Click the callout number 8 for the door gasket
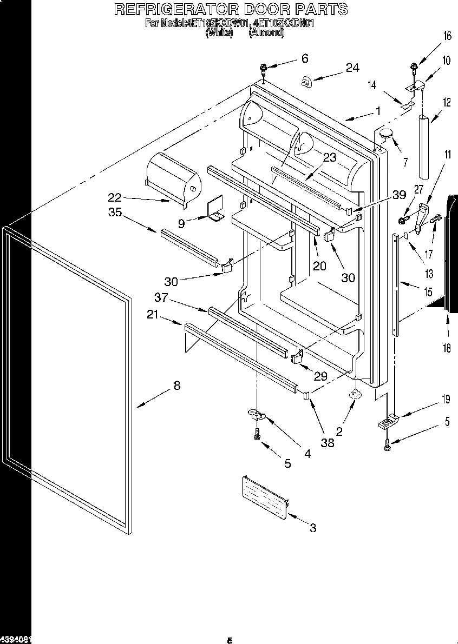pyautogui.click(x=177, y=386)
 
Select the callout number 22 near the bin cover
pyautogui.click(x=114, y=198)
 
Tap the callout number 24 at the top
pyautogui.click(x=352, y=68)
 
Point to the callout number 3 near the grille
pyautogui.click(x=312, y=528)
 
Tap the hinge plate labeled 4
pyautogui.click(x=258, y=415)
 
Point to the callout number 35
pyautogui.click(x=115, y=213)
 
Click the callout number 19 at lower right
pyautogui.click(x=446, y=400)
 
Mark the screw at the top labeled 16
pyautogui.click(x=414, y=68)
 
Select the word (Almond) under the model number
pyautogui.click(x=266, y=32)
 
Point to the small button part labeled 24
pyautogui.click(x=306, y=82)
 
